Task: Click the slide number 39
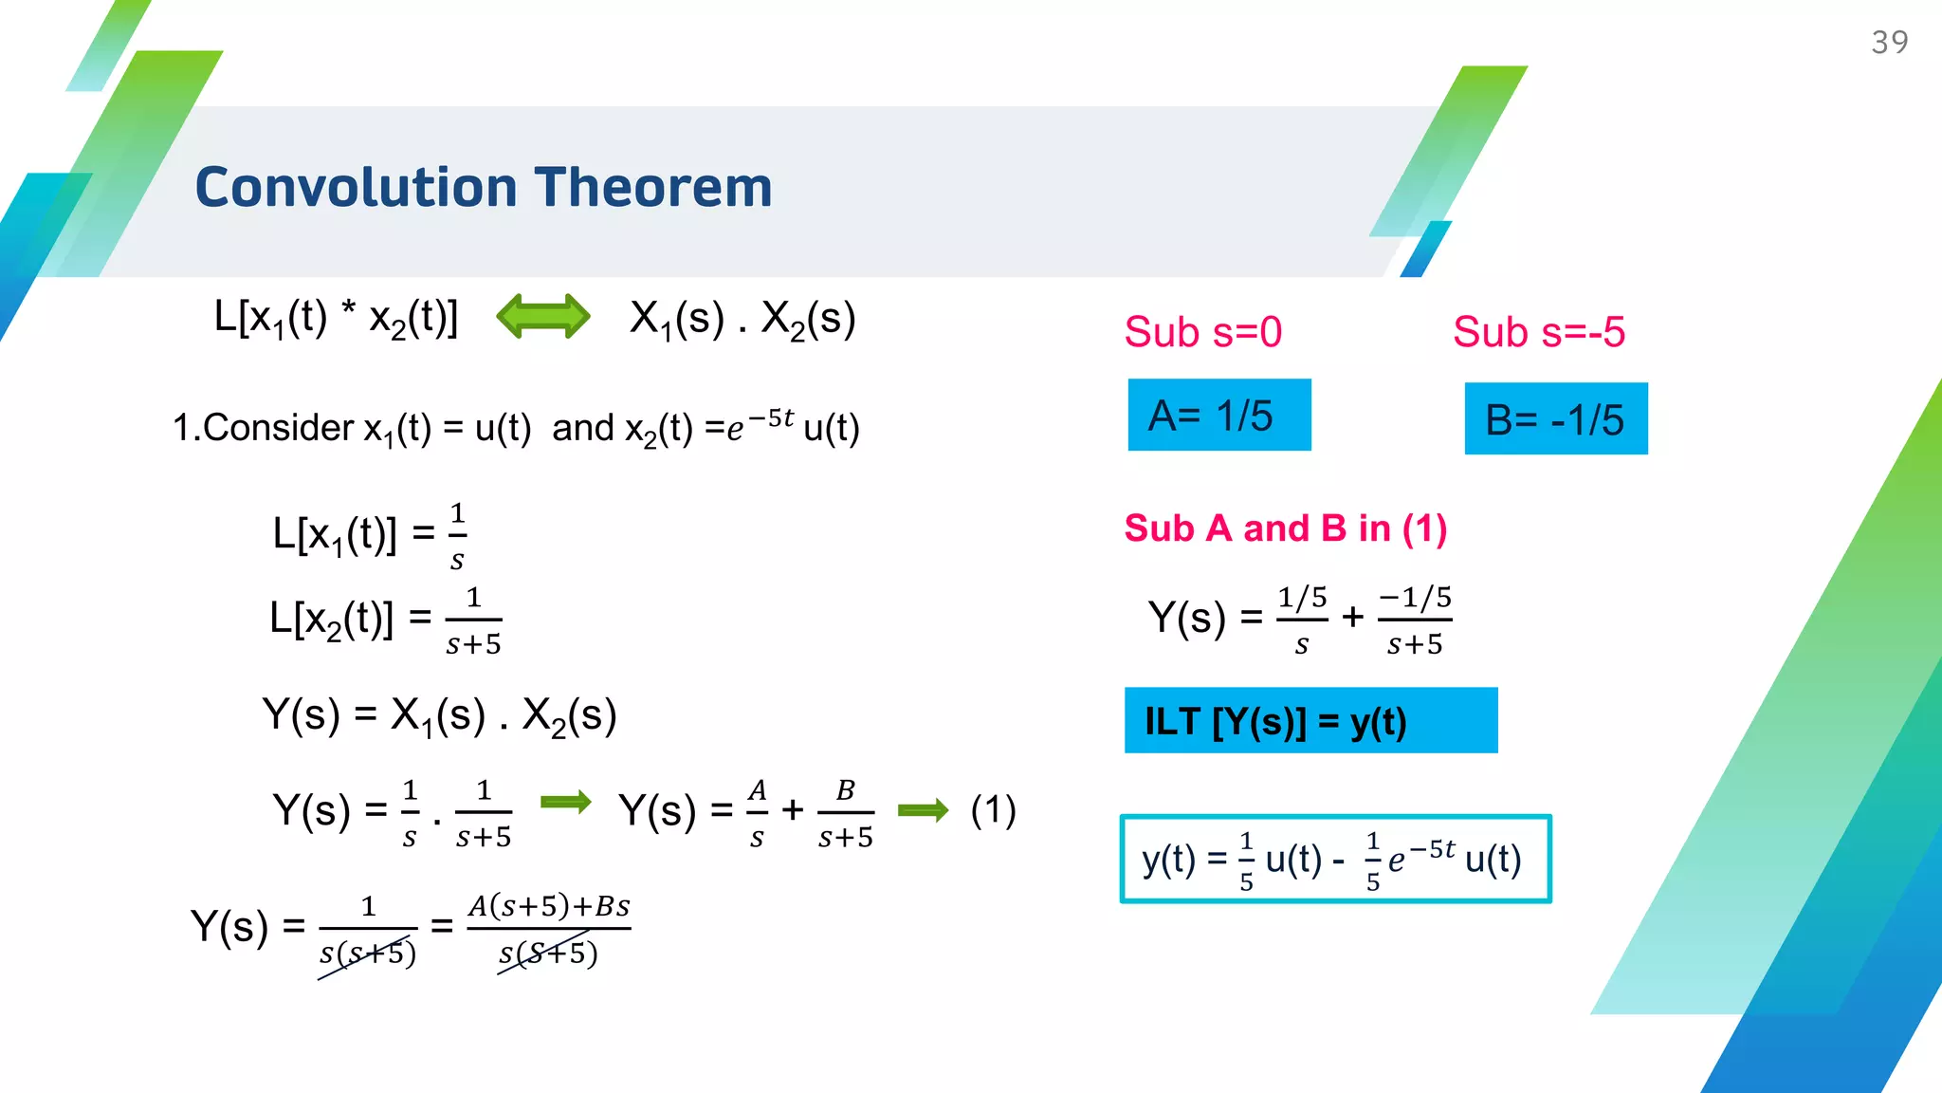coord(1889,43)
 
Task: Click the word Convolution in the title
coord(356,187)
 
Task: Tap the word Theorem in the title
coord(653,187)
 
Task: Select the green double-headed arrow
coord(543,316)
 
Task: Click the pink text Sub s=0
coord(1202,332)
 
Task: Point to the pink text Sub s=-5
coord(1538,332)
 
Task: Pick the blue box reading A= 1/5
coord(1218,416)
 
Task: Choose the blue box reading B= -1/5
coord(1555,419)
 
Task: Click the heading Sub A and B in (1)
coord(1285,528)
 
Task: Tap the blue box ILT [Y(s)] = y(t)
coord(1310,721)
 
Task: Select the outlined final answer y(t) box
coord(1335,859)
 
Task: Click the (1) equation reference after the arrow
coord(993,810)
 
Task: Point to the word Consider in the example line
coord(278,428)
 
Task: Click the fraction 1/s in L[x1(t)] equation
coord(457,537)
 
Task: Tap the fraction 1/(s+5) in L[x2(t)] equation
coord(473,621)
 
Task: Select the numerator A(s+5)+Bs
coord(549,906)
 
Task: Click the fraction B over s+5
coord(845,813)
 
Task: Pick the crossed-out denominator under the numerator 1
coord(368,954)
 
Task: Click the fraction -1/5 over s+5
coord(1415,621)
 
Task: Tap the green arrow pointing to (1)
coord(923,810)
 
